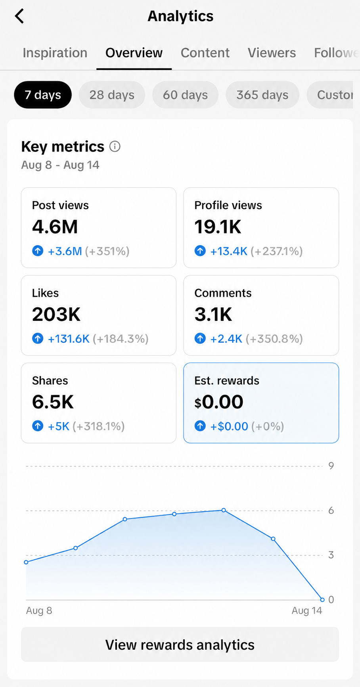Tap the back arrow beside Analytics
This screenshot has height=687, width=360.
(19, 16)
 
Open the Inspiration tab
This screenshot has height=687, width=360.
(55, 53)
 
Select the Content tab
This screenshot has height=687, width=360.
(205, 53)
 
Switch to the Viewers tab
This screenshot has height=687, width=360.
(272, 53)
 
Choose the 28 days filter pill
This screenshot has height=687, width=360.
(112, 95)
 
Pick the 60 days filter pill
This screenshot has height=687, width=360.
(185, 95)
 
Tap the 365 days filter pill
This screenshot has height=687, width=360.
(262, 95)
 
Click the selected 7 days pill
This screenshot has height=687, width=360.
(43, 95)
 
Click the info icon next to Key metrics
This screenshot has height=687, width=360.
(115, 146)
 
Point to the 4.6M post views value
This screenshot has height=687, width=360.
(55, 227)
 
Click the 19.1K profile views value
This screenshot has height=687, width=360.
(218, 227)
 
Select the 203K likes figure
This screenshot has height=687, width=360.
(56, 315)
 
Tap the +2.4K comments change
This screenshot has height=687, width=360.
(226, 339)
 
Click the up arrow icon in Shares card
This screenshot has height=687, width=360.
(38, 426)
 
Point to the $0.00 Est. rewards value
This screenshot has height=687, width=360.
(219, 402)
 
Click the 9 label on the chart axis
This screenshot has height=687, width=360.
(331, 466)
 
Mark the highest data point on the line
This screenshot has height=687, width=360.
(224, 510)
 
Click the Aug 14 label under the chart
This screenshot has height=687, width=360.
(307, 610)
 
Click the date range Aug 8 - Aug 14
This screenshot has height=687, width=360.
(60, 165)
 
